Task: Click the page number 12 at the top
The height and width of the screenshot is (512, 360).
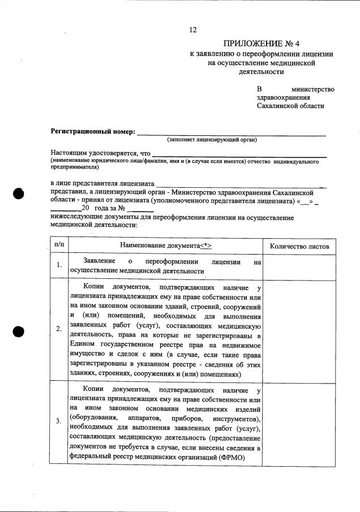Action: (192, 30)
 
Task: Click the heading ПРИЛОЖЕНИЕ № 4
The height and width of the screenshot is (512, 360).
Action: (261, 44)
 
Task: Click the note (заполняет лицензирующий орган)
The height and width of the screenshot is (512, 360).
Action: (212, 140)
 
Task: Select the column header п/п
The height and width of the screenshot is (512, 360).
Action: (58, 245)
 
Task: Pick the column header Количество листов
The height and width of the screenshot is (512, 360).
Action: (299, 246)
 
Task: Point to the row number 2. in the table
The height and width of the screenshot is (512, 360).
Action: (59, 329)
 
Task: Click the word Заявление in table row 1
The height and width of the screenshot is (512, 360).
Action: (100, 261)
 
